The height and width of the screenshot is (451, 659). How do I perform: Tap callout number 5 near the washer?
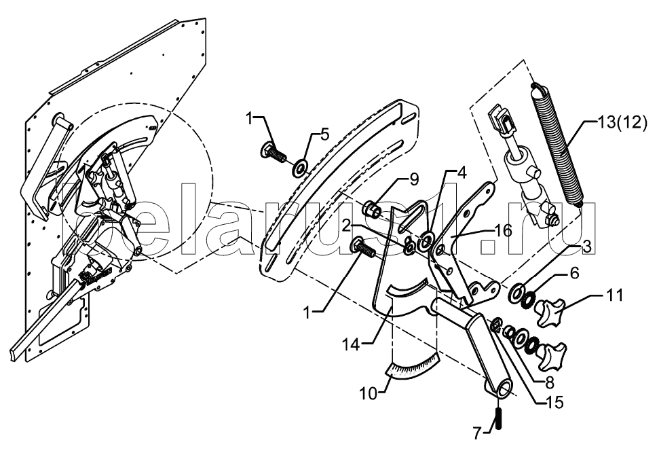(324, 134)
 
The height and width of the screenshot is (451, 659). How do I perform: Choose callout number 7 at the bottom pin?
(476, 434)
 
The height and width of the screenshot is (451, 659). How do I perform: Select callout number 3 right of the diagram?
(588, 247)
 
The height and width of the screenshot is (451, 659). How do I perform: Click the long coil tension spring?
(556, 144)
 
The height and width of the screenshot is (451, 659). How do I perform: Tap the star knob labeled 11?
(550, 309)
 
